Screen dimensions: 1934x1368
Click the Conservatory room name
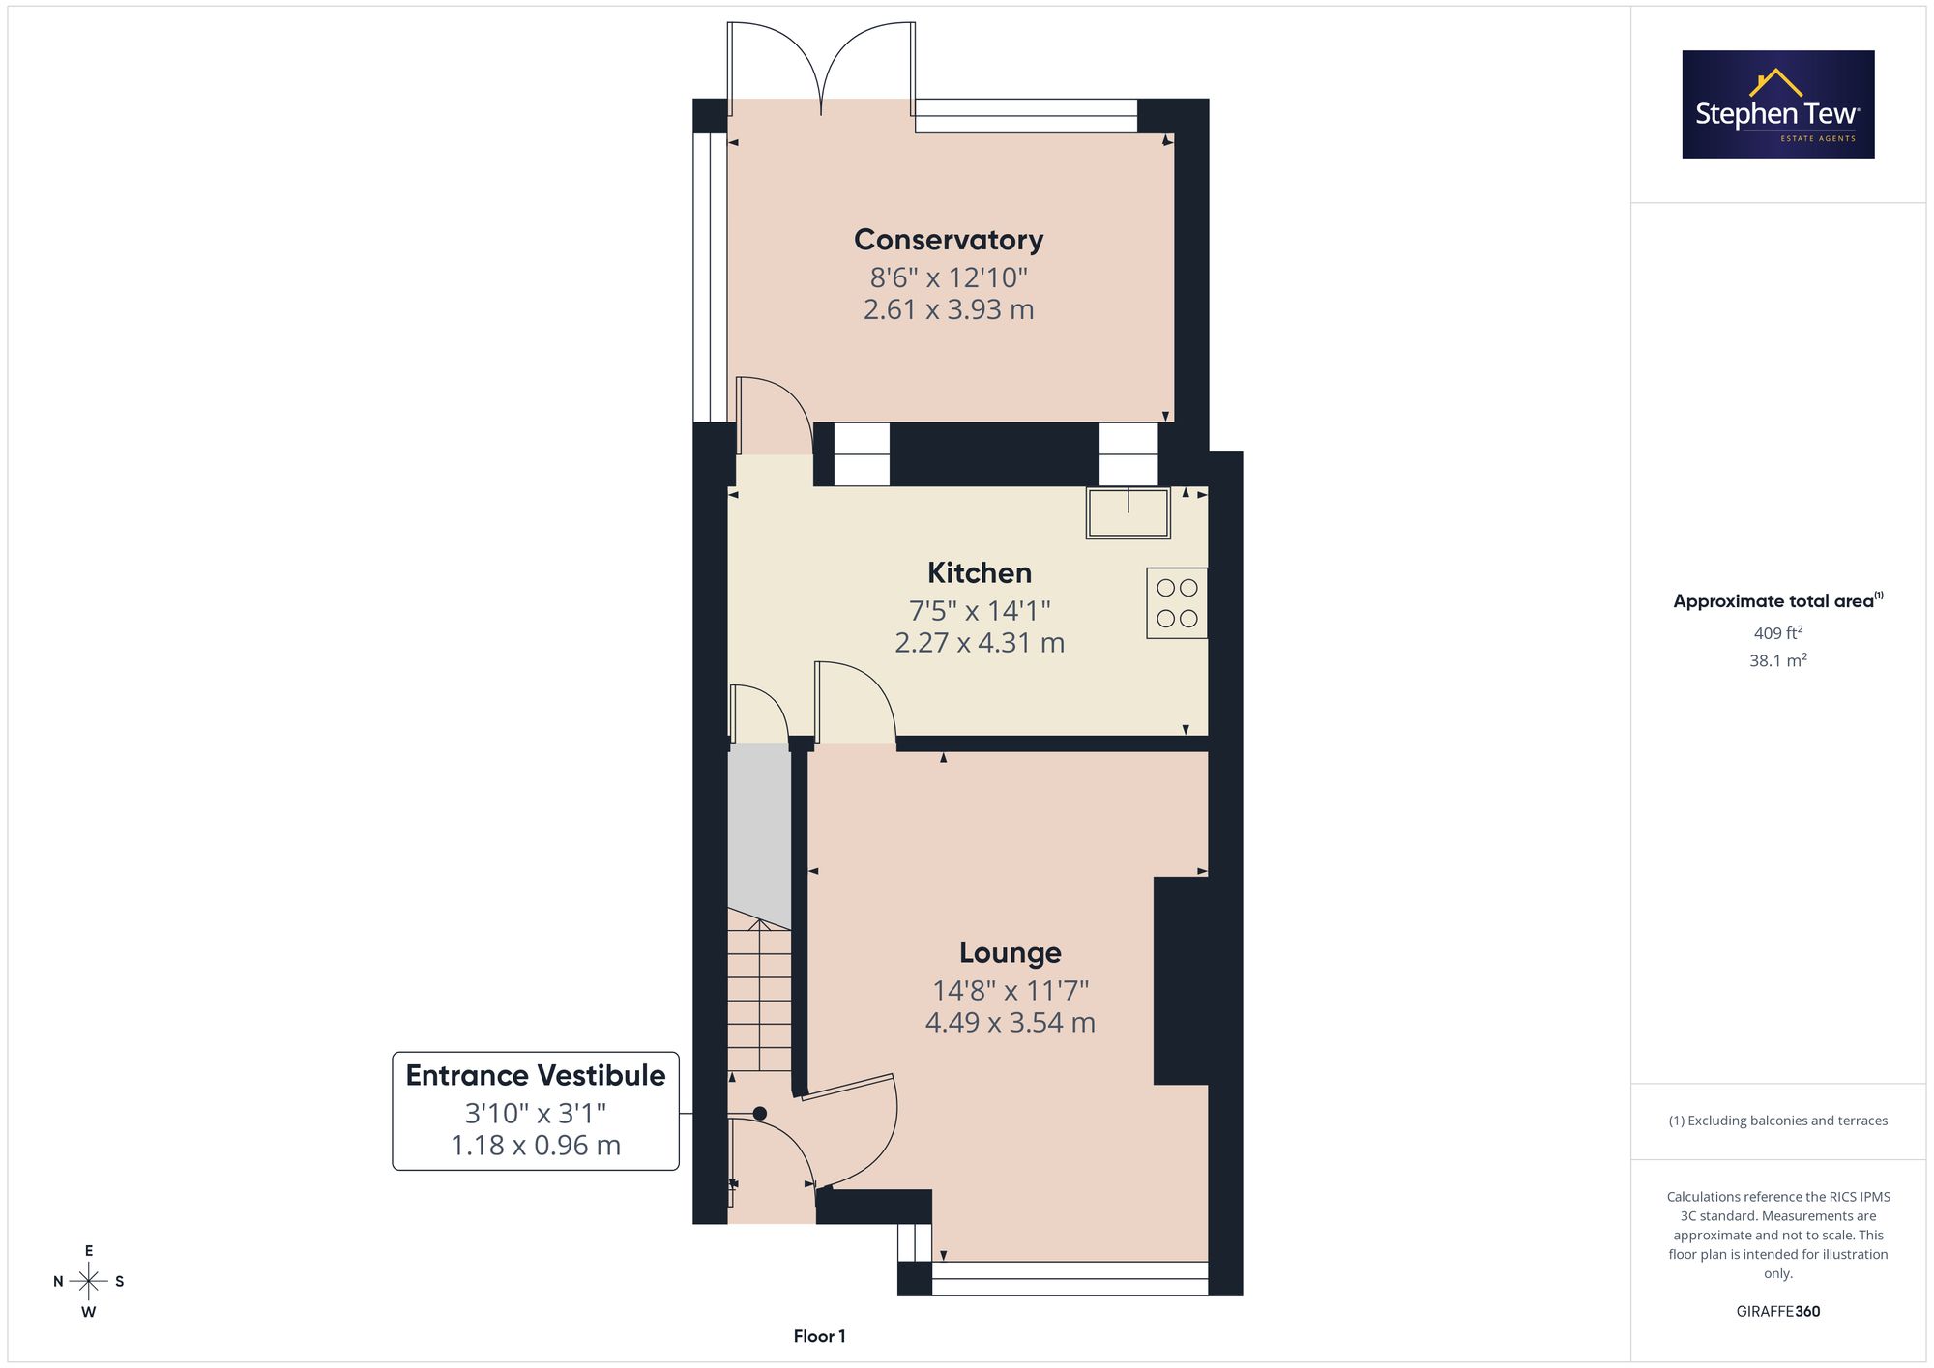click(x=949, y=240)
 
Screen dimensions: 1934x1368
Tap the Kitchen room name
click(x=980, y=572)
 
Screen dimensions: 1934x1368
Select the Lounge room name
click(x=1011, y=953)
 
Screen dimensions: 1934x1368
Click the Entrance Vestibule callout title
click(x=536, y=1075)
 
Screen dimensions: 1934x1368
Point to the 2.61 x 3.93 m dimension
click(x=949, y=309)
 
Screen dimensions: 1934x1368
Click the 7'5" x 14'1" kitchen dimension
click(x=980, y=611)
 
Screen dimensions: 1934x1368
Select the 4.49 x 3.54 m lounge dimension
click(x=1011, y=1023)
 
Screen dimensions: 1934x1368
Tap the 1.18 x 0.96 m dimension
click(x=536, y=1146)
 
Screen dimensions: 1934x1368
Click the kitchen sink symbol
click(x=1128, y=512)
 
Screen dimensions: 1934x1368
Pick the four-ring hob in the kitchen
click(x=1177, y=602)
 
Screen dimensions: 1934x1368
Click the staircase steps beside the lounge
click(x=759, y=996)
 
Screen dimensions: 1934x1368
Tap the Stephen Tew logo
click(x=1778, y=104)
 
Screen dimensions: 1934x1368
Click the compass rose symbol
click(x=89, y=1282)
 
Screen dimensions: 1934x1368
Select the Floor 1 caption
click(x=820, y=1336)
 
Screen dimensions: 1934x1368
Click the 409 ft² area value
click(x=1778, y=633)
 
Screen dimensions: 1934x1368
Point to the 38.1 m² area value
click(x=1778, y=661)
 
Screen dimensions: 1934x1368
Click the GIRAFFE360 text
click(x=1778, y=1312)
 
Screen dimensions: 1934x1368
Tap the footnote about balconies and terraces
click(x=1778, y=1121)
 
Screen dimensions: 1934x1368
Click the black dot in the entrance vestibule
click(x=760, y=1114)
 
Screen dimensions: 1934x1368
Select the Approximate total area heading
click(x=1778, y=600)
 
